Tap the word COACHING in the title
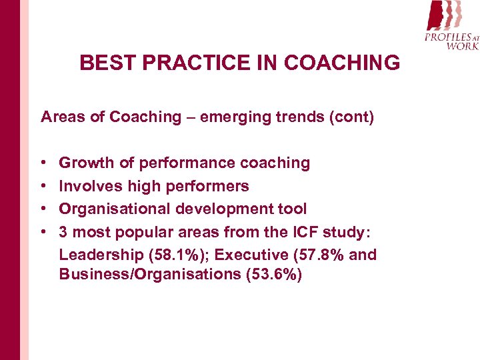(x=342, y=63)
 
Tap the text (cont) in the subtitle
(x=351, y=117)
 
